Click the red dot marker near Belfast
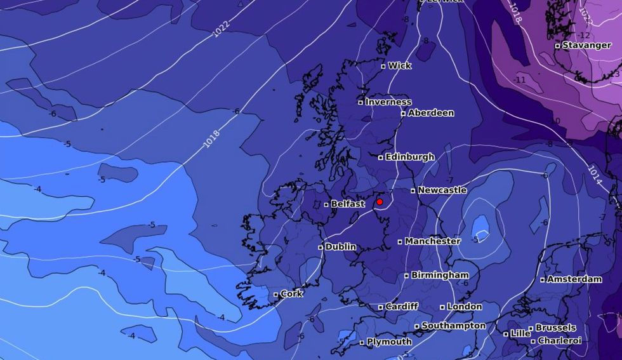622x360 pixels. (380, 202)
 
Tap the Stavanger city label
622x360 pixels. (586, 45)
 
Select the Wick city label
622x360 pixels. (399, 65)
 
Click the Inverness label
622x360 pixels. (388, 102)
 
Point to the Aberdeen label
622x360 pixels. (430, 113)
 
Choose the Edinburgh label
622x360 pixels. (410, 157)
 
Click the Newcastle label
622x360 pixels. (442, 190)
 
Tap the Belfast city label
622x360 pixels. (348, 204)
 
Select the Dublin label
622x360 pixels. (340, 247)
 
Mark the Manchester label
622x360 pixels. (432, 241)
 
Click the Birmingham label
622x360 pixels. (440, 275)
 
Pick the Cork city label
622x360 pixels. (291, 294)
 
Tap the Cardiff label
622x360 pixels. (402, 307)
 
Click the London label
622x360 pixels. (465, 307)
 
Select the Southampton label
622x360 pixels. (453, 326)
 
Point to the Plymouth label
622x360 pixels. (389, 342)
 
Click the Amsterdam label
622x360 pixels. (574, 279)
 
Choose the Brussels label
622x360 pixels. (555, 328)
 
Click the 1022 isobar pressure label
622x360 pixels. (221, 29)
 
